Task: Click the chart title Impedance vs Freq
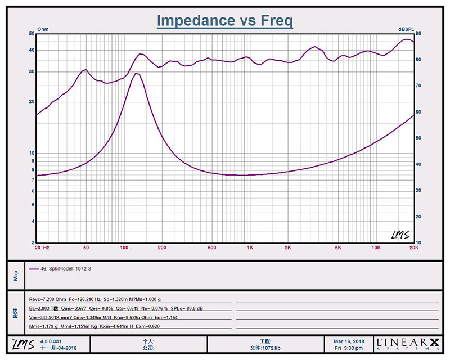224,21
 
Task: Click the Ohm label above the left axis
43,29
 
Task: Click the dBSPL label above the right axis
406,29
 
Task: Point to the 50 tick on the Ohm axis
31,34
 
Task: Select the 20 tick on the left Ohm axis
31,102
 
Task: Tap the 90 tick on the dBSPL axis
418,34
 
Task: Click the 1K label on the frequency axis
250,247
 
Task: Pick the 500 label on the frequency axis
211,247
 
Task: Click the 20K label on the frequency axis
413,247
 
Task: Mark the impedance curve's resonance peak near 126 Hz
136,73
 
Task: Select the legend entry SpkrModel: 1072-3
67,269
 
